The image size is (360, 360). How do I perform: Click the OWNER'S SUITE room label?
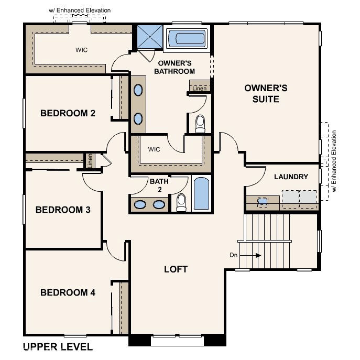(x=266, y=93)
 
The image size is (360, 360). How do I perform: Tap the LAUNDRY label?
(x=291, y=177)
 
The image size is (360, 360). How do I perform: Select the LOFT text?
(x=176, y=269)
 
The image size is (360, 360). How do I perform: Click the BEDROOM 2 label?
(x=68, y=113)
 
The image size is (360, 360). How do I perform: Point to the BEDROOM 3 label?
(x=63, y=210)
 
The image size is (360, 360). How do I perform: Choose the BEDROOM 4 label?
(x=68, y=292)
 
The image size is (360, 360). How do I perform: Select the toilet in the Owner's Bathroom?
(x=200, y=124)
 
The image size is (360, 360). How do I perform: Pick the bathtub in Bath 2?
(x=202, y=194)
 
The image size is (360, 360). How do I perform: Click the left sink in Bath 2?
(x=140, y=204)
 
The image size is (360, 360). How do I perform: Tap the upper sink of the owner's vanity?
(x=138, y=91)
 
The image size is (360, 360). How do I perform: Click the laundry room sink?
(x=263, y=200)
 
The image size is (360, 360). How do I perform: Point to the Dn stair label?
(x=234, y=255)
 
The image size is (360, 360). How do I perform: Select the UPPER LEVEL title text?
(x=58, y=347)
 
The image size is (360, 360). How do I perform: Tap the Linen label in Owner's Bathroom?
(x=200, y=89)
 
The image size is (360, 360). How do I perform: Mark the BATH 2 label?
(x=159, y=185)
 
